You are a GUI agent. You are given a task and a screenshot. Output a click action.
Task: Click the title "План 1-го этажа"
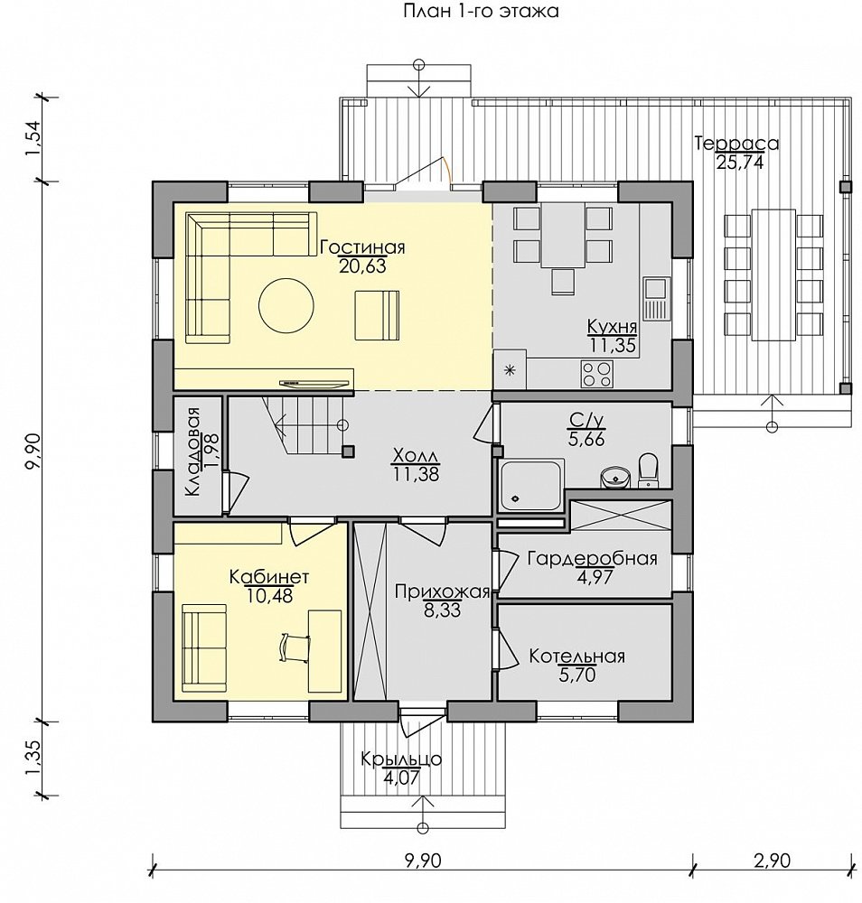point(481,11)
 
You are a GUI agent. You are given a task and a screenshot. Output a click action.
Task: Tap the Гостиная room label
point(362,247)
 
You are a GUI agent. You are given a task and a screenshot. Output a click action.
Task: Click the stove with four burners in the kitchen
point(596,373)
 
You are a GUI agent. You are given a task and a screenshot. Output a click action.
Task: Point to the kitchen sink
point(656,299)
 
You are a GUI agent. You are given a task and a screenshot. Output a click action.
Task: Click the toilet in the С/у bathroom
point(649,470)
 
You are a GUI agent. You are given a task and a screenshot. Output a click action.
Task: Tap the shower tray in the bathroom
point(530,485)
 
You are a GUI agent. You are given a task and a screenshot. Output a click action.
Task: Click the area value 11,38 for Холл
point(416,474)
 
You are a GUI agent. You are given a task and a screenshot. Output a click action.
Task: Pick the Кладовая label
point(193,451)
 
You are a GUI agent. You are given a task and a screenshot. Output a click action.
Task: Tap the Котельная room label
point(576,656)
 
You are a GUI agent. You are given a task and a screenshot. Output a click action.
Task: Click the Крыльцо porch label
point(401,759)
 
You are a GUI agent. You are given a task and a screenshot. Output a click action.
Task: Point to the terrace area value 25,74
point(740,163)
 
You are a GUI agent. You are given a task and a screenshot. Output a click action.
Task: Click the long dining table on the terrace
point(773,275)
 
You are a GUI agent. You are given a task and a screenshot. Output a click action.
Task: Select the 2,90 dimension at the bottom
point(772,861)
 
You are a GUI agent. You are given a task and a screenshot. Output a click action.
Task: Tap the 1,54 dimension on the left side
point(33,138)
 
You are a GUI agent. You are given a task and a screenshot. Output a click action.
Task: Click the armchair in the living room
point(377,315)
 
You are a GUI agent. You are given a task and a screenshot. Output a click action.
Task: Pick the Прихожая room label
point(442,591)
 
